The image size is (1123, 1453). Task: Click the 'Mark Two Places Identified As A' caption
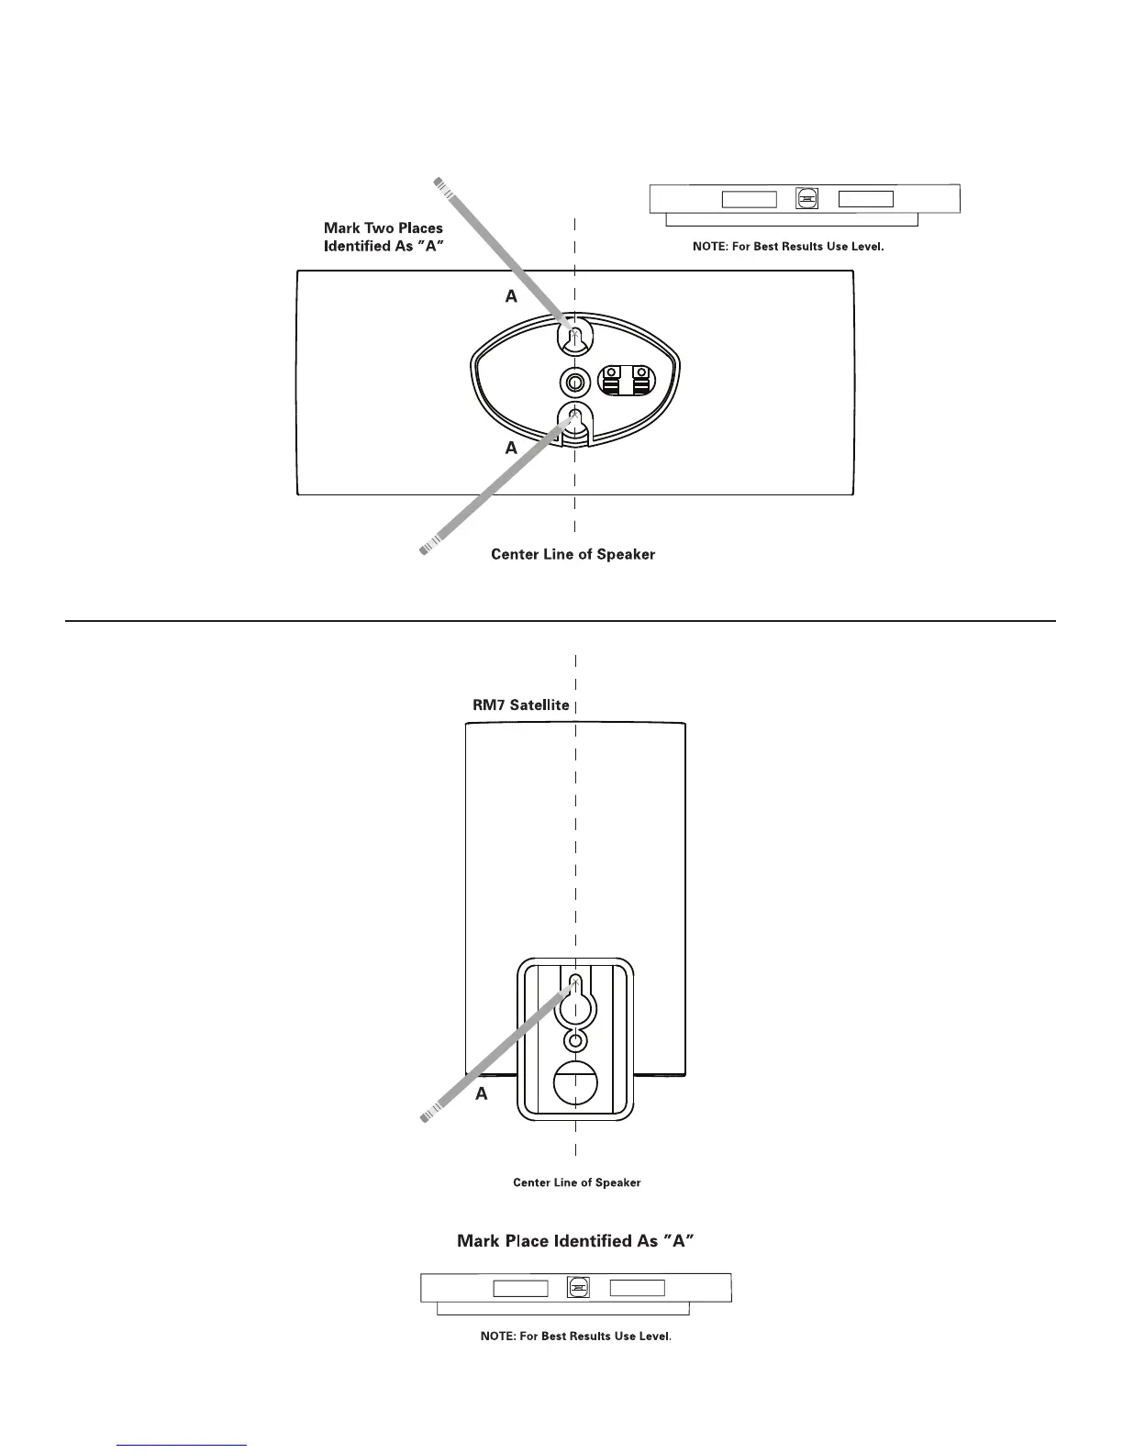384,237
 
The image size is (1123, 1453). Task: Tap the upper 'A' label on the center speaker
511,296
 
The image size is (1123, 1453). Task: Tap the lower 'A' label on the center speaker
511,449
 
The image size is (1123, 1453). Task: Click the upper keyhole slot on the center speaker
574,339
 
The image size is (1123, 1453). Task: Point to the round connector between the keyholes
574,382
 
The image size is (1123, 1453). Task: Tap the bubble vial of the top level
807,199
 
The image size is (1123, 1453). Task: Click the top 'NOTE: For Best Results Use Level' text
788,247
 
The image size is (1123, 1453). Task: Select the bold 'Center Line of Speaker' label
573,554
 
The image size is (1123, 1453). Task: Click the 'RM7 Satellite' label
521,705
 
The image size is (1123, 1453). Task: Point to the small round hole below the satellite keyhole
575,1041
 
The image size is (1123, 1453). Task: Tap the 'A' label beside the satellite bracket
482,1094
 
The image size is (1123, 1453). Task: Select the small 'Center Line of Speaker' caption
576,1182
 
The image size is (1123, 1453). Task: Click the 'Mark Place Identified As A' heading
574,1241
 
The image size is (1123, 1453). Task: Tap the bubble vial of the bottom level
578,1288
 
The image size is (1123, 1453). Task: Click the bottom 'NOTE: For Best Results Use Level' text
575,1336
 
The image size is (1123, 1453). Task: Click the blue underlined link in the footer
183,1445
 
